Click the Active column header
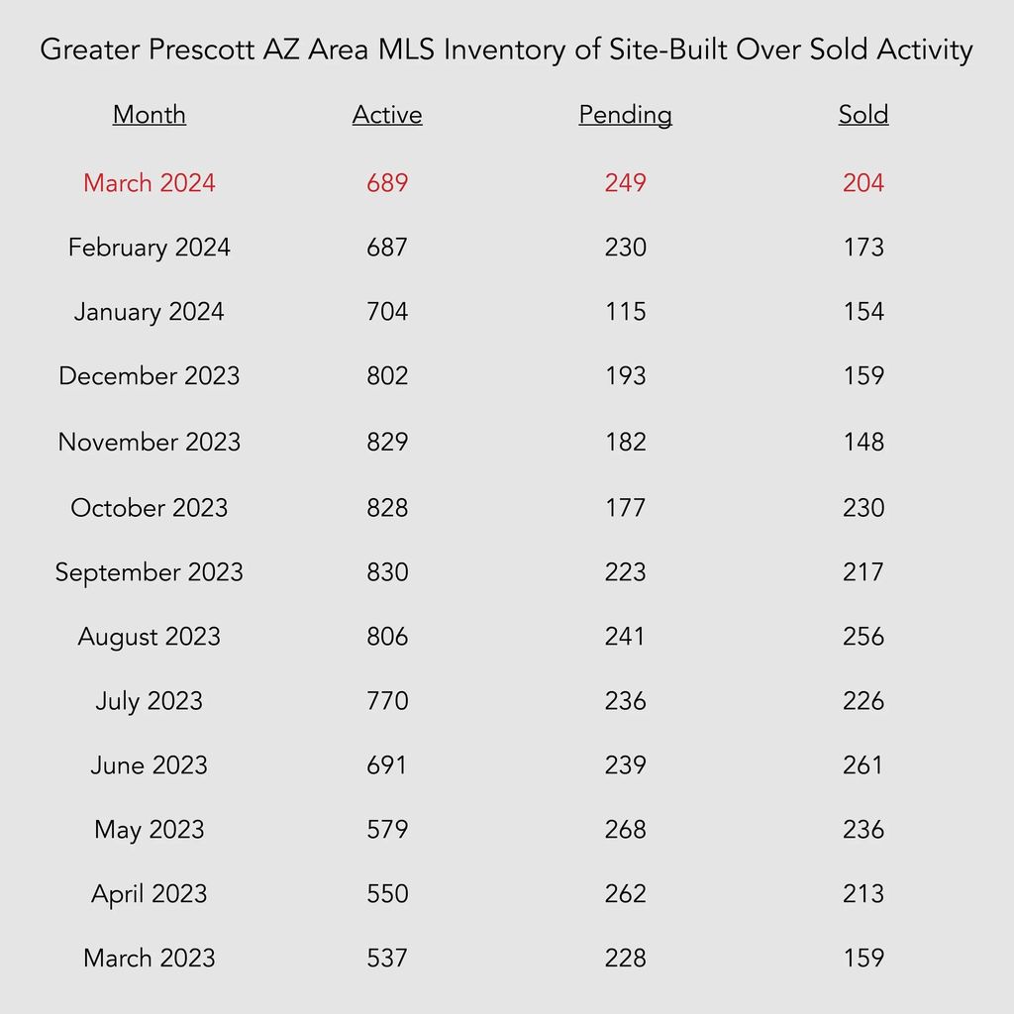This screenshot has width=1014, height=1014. click(387, 115)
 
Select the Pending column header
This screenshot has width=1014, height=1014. click(626, 115)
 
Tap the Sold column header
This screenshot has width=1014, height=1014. click(863, 115)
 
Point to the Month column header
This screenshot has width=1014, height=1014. click(150, 115)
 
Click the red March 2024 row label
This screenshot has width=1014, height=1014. click(150, 182)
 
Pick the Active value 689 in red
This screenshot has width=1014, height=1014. click(387, 182)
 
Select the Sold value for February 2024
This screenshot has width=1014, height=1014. click(863, 247)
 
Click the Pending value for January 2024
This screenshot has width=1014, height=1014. click(626, 311)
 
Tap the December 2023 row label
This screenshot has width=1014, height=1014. click(150, 375)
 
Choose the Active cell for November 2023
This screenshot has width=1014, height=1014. click(387, 442)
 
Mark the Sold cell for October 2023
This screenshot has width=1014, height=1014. click(863, 508)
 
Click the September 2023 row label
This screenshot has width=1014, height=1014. click(150, 572)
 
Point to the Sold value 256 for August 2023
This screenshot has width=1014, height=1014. click(863, 637)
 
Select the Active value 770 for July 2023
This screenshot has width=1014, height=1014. click(387, 700)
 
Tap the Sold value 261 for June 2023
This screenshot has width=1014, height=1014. click(863, 765)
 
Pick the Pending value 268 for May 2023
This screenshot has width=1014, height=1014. click(626, 829)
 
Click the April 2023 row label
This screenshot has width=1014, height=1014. click(150, 894)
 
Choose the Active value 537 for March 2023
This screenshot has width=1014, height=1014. click(387, 958)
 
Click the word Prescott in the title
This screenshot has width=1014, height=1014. click(202, 50)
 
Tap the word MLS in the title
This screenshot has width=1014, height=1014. click(406, 50)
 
